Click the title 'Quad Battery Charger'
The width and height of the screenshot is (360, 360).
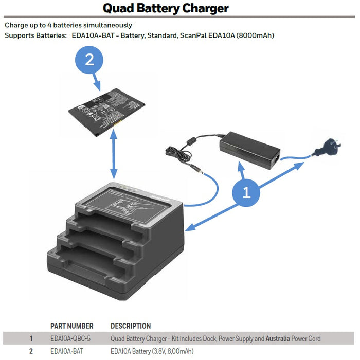click(166, 8)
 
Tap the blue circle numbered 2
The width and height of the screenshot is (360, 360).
click(89, 60)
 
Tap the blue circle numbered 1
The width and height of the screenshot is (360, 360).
click(246, 192)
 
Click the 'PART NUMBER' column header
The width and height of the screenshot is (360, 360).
click(71, 326)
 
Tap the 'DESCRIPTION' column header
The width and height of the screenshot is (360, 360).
click(131, 326)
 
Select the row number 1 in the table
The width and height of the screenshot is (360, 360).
click(31, 338)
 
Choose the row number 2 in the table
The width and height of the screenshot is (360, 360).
click(31, 351)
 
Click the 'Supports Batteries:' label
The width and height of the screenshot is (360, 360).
click(35, 35)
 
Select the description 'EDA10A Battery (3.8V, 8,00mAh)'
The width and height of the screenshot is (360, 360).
click(152, 351)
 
